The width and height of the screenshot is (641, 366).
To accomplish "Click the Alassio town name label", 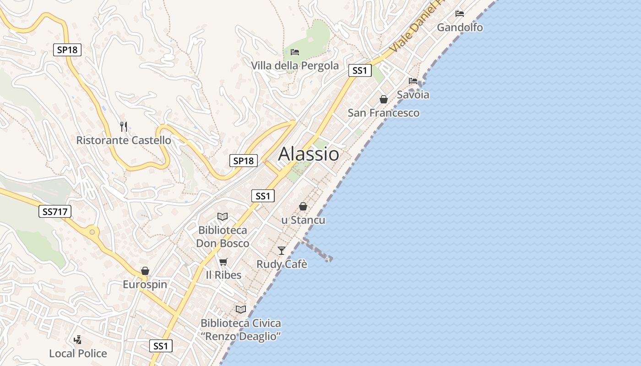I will coord(309,154).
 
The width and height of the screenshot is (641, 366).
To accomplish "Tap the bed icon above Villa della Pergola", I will coord(295,52).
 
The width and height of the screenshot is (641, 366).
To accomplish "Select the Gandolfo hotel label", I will coord(460,27).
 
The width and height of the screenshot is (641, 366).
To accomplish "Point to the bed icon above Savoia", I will coord(413,81).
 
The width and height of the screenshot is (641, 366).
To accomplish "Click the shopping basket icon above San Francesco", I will coord(384,99).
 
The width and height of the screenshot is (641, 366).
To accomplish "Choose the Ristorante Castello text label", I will coord(124,140).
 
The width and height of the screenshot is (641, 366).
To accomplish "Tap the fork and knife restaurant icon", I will coord(123,126).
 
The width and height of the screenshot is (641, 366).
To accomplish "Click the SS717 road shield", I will coord(55,211).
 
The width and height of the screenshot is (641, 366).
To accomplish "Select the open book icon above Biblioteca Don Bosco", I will coord(223,216).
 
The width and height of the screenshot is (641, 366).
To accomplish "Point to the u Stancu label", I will coord(303,220).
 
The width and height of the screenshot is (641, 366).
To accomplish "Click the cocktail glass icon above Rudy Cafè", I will coord(282,250).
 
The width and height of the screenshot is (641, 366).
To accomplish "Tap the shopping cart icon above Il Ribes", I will coord(223,262).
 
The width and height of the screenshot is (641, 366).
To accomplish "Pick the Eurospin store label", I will coord(145,285).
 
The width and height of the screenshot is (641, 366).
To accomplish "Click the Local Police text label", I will coord(78,354).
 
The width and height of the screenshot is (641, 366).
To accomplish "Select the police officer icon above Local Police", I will coord(78,339).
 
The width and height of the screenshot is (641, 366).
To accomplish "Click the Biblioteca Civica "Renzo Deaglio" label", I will coord(241,330).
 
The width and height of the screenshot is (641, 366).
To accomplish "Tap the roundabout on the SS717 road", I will coord(93,232).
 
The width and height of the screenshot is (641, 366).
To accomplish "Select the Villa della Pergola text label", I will coord(295,66).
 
